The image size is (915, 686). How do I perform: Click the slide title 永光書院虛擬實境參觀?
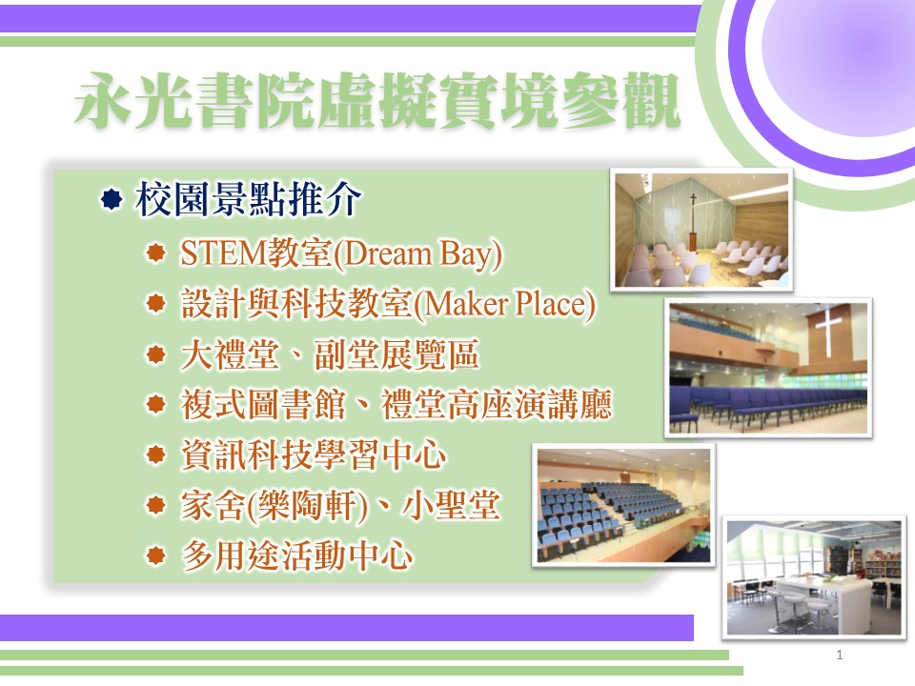[377, 100]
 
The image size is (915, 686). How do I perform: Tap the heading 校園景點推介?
[248, 199]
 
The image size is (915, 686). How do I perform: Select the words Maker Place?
[505, 304]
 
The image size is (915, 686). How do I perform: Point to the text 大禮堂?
[230, 354]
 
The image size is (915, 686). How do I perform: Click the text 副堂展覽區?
[396, 354]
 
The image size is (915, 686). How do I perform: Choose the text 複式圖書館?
[263, 404]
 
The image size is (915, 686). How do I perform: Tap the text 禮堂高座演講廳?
[496, 404]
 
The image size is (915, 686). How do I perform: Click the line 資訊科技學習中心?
[314, 454]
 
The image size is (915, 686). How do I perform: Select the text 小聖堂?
[451, 505]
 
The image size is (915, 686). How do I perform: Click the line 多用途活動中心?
[297, 555]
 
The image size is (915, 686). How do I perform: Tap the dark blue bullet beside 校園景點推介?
[111, 199]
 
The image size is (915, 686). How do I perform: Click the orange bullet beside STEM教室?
[155, 252]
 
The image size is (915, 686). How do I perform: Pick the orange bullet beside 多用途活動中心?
[155, 555]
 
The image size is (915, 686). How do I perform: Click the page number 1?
[839, 655]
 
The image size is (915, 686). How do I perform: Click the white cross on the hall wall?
[828, 329]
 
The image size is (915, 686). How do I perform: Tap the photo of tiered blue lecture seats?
[623, 505]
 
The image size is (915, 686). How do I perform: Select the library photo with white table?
[814, 577]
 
